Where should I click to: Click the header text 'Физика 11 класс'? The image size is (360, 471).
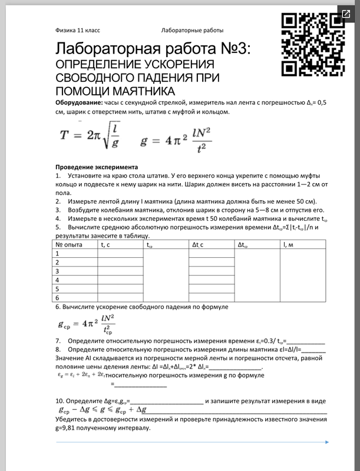[x=78, y=29]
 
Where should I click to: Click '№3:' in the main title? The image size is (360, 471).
[x=230, y=48]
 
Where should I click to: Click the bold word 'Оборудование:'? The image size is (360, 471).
[x=78, y=102]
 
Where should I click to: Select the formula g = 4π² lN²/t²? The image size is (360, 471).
[x=176, y=137]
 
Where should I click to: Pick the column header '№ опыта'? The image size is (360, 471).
[x=69, y=244]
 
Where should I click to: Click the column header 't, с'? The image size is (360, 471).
[x=107, y=244]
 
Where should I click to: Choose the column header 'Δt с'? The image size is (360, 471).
[x=199, y=244]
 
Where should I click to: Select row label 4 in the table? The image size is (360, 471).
[x=58, y=280]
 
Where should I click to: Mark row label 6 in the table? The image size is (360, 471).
[x=58, y=298]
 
